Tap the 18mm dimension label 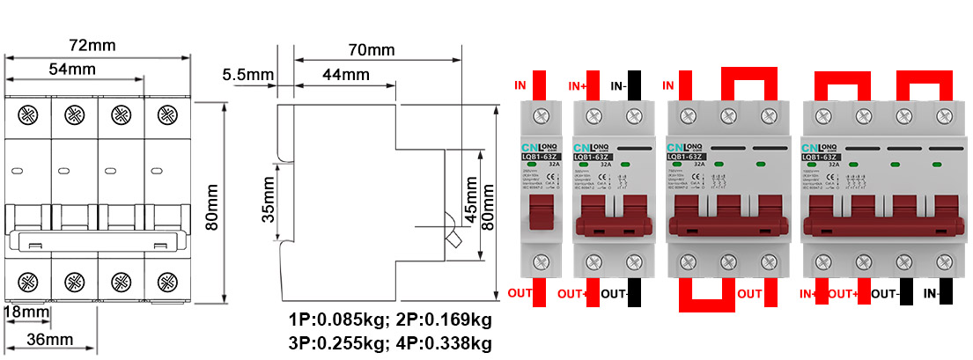(x=26, y=312)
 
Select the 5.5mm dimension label (x=249, y=75)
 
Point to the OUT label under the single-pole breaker (x=520, y=293)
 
